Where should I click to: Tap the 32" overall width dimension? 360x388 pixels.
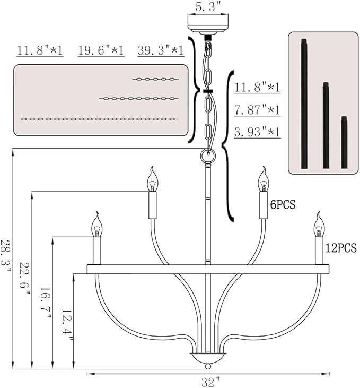(x=210, y=382)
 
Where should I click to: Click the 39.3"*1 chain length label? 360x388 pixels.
(x=161, y=51)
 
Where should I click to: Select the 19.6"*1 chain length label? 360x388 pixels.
(x=101, y=51)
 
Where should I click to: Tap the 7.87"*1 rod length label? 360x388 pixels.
(x=257, y=110)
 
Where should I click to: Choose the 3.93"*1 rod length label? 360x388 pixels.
(x=257, y=132)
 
